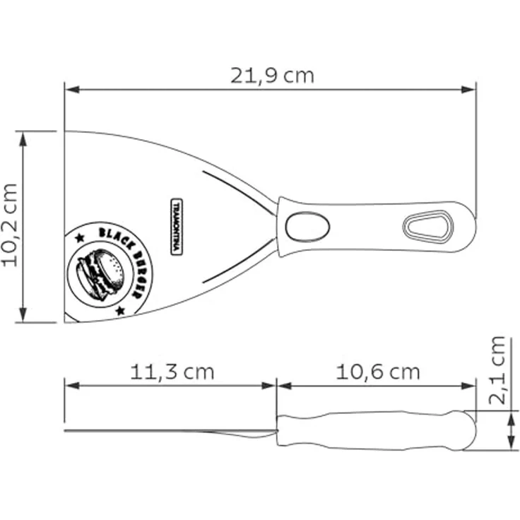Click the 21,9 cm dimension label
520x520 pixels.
coord(272,76)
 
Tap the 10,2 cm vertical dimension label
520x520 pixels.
coord(10,225)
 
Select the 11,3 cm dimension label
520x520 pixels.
coord(172,372)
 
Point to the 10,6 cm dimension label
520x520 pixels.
coord(378,372)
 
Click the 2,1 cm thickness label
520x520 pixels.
coord(497,370)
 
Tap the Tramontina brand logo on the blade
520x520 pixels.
coord(177,227)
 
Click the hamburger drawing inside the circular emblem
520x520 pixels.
coord(100,275)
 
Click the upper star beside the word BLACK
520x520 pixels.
coord(80,237)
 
